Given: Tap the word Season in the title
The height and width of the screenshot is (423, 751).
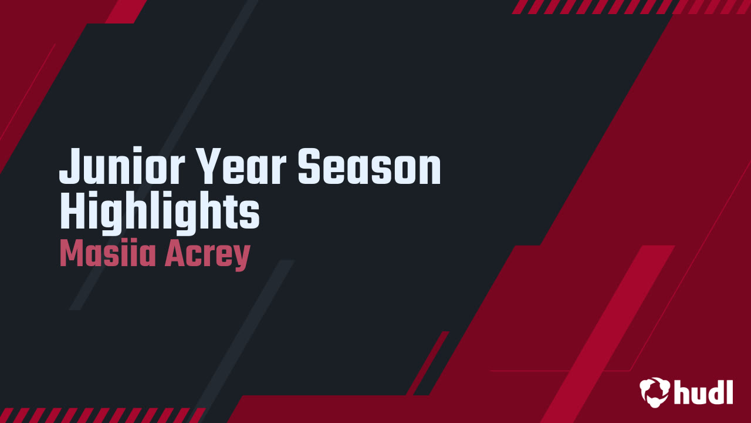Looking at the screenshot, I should click(x=368, y=167).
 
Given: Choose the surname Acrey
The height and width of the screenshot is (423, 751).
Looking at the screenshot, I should click(x=207, y=254).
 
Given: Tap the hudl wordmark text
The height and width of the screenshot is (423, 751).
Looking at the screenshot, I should click(x=703, y=392).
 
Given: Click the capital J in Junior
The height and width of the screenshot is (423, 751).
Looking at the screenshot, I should click(x=69, y=167).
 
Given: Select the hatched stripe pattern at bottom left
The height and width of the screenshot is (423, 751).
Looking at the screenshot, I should click(x=100, y=415).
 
